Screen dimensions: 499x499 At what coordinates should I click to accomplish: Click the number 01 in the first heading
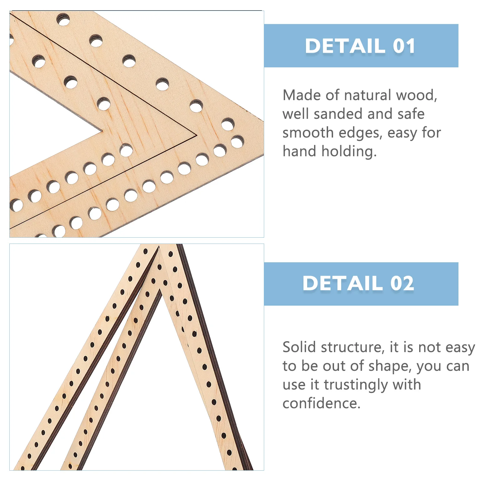404,46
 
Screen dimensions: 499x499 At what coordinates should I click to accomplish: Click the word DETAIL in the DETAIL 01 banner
345,46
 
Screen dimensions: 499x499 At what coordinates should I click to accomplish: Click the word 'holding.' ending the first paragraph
349,151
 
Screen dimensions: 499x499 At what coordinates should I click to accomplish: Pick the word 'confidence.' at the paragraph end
321,403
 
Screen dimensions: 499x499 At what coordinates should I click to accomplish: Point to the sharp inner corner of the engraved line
196,135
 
